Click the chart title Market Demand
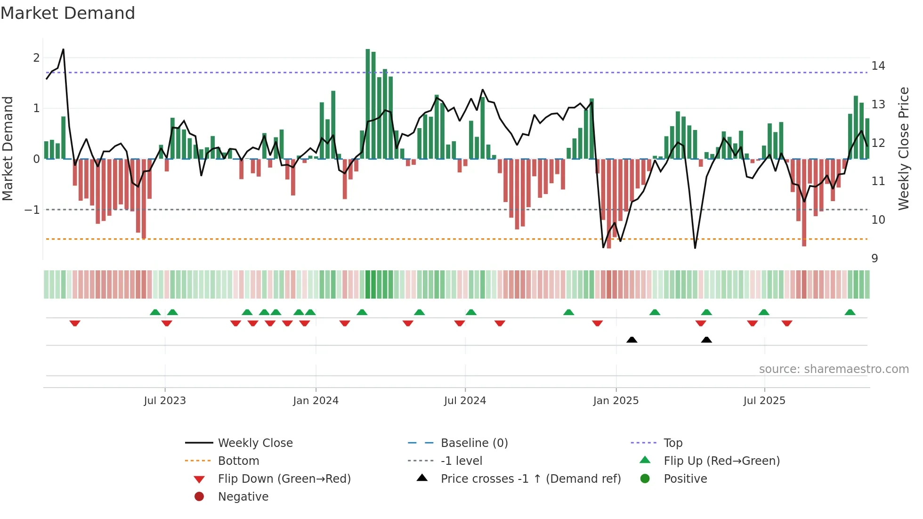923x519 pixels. click(68, 13)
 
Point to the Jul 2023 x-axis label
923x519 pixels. click(165, 401)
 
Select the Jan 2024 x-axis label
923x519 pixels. click(316, 401)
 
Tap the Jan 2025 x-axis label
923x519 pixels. click(615, 401)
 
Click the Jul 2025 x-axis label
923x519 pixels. click(764, 401)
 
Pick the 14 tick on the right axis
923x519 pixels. click(878, 66)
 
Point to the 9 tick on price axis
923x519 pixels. click(874, 259)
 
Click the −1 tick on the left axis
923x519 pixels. click(32, 210)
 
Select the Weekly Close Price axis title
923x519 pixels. click(903, 148)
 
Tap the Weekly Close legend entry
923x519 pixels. click(255, 443)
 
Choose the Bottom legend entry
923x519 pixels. click(238, 461)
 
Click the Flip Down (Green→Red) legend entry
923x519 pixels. click(284, 479)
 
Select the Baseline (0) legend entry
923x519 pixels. click(474, 443)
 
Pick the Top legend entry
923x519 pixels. click(672, 443)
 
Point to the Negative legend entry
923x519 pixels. click(243, 497)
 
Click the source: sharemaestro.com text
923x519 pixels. click(834, 369)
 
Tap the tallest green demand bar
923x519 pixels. click(368, 104)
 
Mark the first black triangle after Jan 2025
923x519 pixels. click(632, 340)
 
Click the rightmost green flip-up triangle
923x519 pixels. click(850, 312)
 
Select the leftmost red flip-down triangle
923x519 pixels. click(75, 323)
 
